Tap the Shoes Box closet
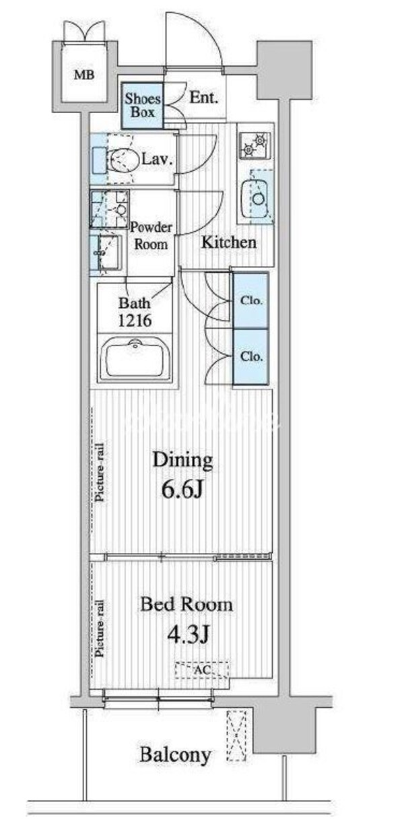coord(141,105)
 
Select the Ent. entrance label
coord(203,98)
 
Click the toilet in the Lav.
coord(122,160)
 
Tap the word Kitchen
coord(228,242)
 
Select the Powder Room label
coord(151,236)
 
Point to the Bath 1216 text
coord(135,311)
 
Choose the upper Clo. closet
coord(251,300)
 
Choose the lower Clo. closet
coord(251,356)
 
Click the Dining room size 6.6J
coord(182,490)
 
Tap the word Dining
coord(182,461)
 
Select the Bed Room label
coord(186,604)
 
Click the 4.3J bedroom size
coord(186,634)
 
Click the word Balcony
coord(175,755)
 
